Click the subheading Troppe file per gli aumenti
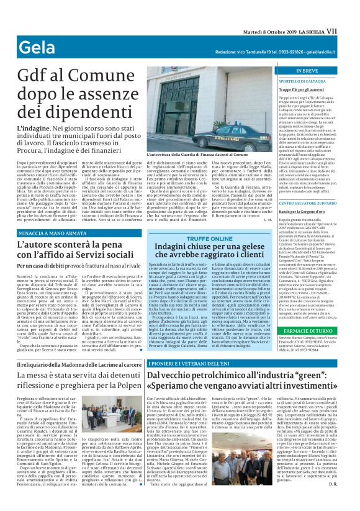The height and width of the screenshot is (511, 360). click(301, 90)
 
